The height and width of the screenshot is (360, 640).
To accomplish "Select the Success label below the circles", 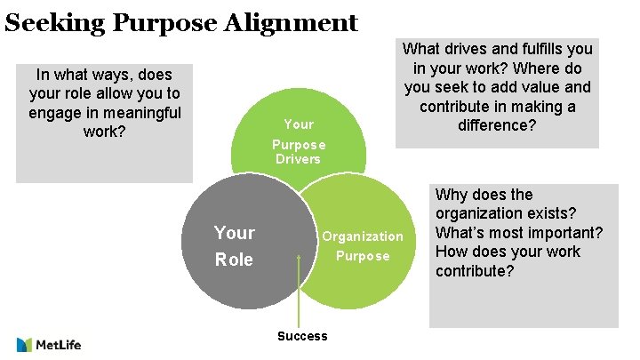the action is coord(302,336).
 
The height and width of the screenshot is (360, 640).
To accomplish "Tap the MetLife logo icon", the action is coord(26,344).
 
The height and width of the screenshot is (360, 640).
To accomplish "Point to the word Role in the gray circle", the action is coord(234,260).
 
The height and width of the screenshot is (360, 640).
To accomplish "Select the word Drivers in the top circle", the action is coord(298,158).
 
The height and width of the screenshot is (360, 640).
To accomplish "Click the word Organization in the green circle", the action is coord(362,236).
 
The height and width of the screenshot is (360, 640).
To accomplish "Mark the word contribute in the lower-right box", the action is coord(475,270).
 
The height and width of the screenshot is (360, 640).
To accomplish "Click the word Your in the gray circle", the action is coord(234,233).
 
